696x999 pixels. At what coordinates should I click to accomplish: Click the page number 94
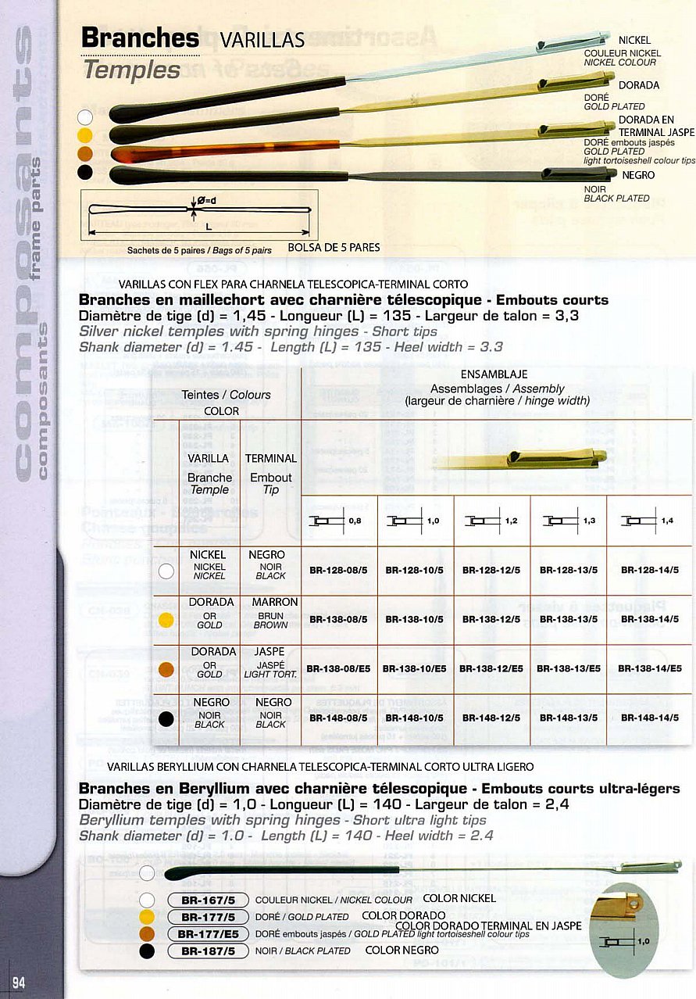(x=19, y=983)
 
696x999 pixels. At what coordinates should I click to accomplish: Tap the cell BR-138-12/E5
(x=491, y=669)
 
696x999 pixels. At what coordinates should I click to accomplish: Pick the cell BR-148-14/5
(x=650, y=718)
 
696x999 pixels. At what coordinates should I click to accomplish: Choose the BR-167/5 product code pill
(x=208, y=900)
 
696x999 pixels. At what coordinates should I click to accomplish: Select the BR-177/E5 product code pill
(x=208, y=933)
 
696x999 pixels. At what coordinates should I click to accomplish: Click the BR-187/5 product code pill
(x=208, y=951)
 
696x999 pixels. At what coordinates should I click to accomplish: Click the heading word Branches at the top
(x=141, y=38)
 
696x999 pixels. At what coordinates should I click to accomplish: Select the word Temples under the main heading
(x=132, y=70)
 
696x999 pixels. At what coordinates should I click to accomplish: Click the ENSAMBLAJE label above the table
(x=494, y=374)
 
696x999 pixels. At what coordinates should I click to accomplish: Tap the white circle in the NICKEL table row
(x=166, y=571)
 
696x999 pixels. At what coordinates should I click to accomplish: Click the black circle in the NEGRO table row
(x=166, y=718)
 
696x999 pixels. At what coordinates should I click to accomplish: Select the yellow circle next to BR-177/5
(x=147, y=917)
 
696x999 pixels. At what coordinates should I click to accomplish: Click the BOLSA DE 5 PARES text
(x=334, y=248)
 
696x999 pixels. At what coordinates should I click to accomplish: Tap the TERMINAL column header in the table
(x=270, y=458)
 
